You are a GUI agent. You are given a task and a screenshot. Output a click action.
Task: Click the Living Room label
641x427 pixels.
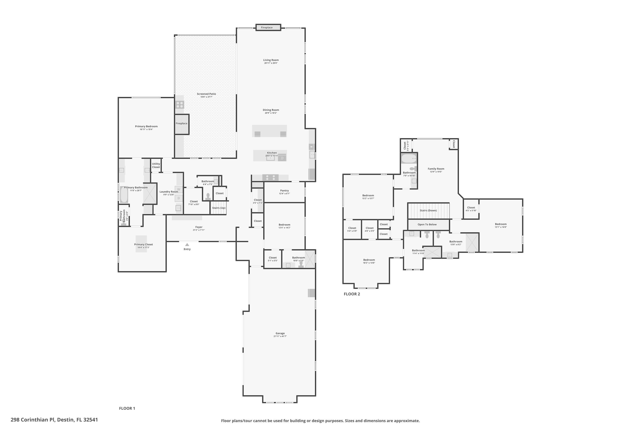(x=271, y=60)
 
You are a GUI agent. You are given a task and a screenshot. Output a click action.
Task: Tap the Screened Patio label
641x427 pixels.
(x=206, y=94)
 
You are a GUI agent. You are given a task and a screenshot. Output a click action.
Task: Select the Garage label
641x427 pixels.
(x=280, y=333)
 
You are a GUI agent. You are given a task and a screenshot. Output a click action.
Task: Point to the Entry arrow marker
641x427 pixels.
(x=187, y=244)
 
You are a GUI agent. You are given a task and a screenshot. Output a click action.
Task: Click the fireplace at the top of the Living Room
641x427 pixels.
(x=268, y=28)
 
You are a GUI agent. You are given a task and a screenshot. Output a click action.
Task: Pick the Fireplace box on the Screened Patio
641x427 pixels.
(x=182, y=124)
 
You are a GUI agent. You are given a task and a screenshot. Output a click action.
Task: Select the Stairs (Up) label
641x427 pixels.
(x=219, y=208)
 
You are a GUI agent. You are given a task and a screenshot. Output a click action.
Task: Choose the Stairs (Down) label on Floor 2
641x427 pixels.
(x=428, y=211)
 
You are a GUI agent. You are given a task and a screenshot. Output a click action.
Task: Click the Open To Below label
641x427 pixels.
(x=427, y=224)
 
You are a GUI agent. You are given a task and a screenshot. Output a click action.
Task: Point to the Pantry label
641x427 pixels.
(x=284, y=191)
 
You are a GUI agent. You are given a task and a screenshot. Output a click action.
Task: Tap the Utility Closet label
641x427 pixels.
(x=156, y=165)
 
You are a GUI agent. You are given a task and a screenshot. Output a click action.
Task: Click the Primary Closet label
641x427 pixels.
(x=143, y=244)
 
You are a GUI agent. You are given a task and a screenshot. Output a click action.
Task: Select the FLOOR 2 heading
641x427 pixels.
(x=351, y=294)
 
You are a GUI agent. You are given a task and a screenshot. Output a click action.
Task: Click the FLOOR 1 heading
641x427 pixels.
(x=127, y=408)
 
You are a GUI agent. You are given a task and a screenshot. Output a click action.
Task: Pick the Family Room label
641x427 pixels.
(x=436, y=169)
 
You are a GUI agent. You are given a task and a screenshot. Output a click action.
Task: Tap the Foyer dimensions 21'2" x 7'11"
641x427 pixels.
(x=199, y=230)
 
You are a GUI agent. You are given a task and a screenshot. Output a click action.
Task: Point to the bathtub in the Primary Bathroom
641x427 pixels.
(x=124, y=194)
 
